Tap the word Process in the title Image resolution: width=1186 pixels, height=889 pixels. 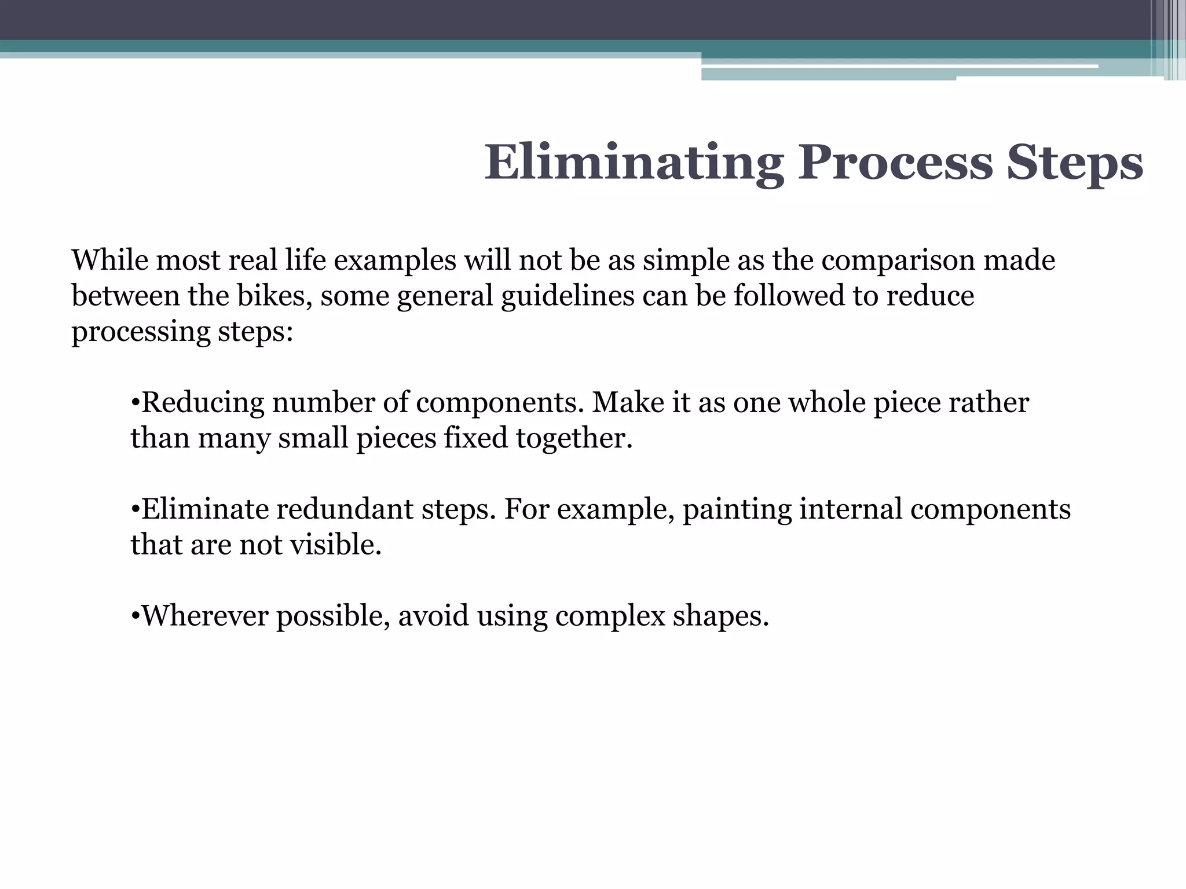pos(895,163)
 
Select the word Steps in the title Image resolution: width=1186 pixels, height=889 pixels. pos(1075,163)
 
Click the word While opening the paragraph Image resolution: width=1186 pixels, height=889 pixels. pos(109,260)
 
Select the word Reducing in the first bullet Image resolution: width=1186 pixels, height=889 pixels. pos(203,402)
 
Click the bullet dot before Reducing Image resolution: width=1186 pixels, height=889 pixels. pos(135,402)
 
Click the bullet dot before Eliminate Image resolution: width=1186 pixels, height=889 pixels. pos(135,509)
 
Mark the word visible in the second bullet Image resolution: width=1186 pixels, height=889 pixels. pos(335,545)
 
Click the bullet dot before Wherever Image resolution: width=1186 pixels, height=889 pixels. pos(135,616)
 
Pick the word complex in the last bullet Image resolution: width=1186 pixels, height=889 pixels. pos(610,616)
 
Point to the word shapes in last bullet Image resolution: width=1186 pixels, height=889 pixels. pos(720,616)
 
